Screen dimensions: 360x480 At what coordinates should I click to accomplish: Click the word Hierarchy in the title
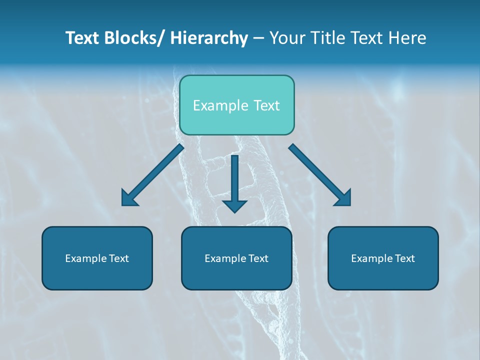tap(209, 38)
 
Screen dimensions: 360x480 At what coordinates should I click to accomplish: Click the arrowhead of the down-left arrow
tap(128, 198)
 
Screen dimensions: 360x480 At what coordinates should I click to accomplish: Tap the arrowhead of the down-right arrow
tap(343, 198)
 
